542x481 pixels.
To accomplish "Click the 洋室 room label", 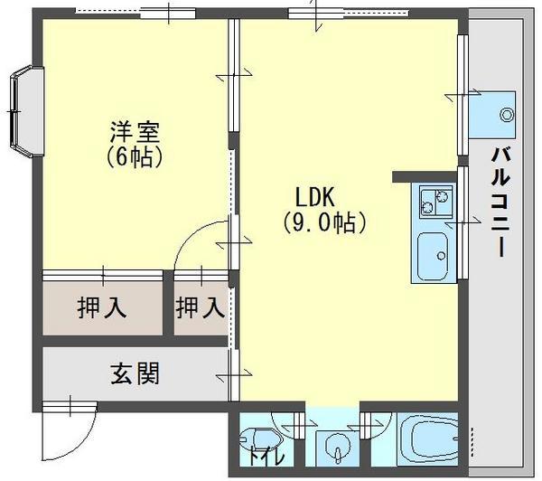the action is point(135,132).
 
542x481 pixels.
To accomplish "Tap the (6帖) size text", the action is point(135,156).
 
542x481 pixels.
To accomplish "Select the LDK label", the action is point(314,197).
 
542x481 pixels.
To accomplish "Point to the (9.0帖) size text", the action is point(324,222).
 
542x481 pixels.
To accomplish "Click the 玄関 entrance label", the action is point(135,373).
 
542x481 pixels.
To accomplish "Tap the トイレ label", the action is point(266,457).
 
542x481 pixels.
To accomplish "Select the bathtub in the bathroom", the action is point(429,439).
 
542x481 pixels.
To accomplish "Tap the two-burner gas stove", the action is point(435,202).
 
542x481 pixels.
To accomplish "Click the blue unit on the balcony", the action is point(491,115).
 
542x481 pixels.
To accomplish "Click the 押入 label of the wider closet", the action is point(102,308).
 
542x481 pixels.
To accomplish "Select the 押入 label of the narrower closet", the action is point(201,308).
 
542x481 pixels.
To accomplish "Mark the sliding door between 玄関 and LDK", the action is point(235,375).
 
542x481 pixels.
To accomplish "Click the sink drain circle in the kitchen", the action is point(441,256).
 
